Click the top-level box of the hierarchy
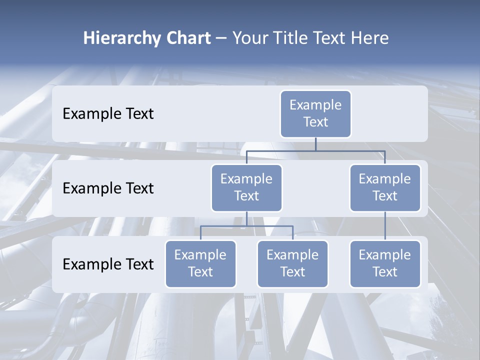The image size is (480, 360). [315, 113]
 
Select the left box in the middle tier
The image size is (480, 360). [246, 187]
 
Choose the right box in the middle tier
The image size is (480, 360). [385, 187]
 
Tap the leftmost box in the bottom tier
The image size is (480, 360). [200, 263]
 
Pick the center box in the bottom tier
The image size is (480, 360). [292, 263]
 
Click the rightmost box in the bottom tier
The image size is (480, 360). [385, 263]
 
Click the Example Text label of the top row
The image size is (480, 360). [108, 114]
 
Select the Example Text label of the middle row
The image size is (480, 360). [108, 188]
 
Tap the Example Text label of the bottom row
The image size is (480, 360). [108, 264]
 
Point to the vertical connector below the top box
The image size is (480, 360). [315, 144]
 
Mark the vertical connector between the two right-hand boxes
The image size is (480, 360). [385, 225]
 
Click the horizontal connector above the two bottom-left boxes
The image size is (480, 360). [246, 226]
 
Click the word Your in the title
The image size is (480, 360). [248, 38]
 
